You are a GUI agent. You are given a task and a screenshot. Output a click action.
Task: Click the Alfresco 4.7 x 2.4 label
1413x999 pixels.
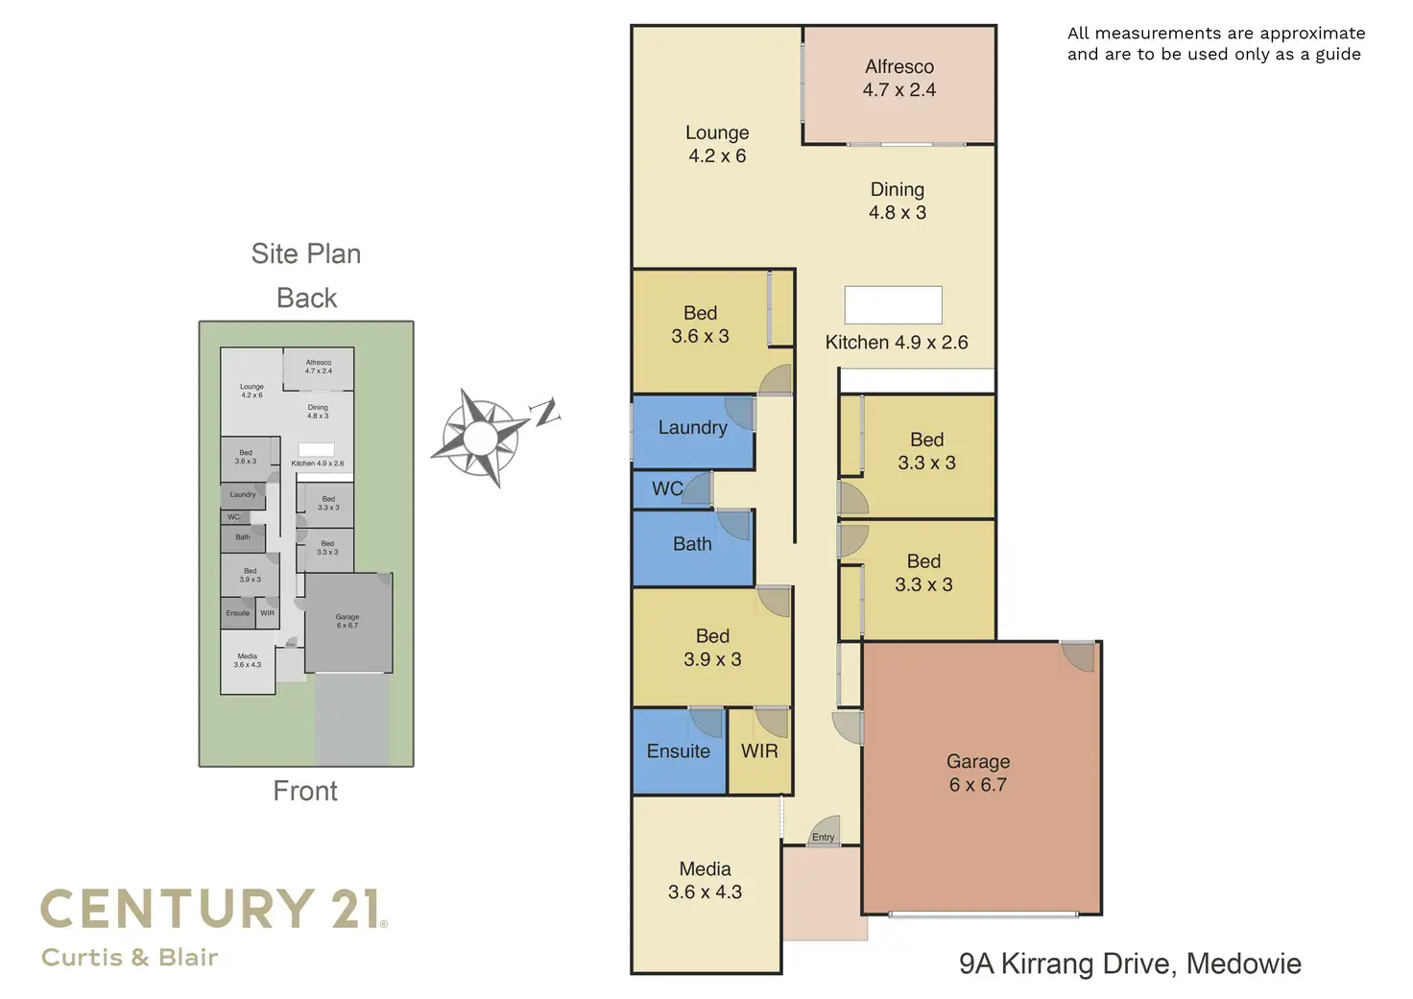pyautogui.click(x=898, y=79)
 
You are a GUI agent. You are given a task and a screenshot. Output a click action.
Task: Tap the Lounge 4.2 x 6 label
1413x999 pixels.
pyautogui.click(x=717, y=144)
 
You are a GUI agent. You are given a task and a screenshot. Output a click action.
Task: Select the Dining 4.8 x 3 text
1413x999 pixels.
pyautogui.click(x=898, y=202)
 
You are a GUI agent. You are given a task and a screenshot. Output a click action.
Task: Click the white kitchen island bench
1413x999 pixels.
pyautogui.click(x=893, y=305)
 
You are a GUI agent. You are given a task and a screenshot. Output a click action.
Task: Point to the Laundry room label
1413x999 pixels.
pyautogui.click(x=692, y=428)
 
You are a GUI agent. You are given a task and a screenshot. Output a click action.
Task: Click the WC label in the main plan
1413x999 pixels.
pyautogui.click(x=667, y=489)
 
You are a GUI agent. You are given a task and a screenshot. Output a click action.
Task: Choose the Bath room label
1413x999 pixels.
pyautogui.click(x=692, y=545)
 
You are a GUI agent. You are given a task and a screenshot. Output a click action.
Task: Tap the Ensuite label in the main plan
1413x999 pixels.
pyautogui.click(x=678, y=751)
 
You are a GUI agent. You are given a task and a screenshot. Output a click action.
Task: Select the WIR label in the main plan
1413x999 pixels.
pyautogui.click(x=759, y=751)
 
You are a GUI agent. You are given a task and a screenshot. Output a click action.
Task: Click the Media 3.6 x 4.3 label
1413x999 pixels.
pyautogui.click(x=705, y=880)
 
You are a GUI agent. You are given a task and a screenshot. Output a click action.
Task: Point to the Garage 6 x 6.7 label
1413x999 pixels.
pyautogui.click(x=978, y=773)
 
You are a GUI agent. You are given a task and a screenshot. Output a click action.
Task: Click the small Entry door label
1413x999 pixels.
pyautogui.click(x=823, y=838)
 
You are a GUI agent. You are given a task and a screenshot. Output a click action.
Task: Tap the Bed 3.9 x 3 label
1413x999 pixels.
pyautogui.click(x=712, y=648)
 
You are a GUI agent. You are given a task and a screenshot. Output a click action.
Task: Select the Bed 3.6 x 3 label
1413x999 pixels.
pyautogui.click(x=700, y=324)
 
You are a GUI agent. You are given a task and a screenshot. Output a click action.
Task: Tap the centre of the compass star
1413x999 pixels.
pyautogui.click(x=481, y=439)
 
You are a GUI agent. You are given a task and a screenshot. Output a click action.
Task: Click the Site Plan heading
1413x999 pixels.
pyautogui.click(x=306, y=253)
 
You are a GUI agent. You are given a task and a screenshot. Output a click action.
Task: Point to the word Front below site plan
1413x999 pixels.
pyautogui.click(x=305, y=791)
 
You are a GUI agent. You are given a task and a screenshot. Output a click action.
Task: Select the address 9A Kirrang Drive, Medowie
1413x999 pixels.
pyautogui.click(x=1130, y=963)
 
